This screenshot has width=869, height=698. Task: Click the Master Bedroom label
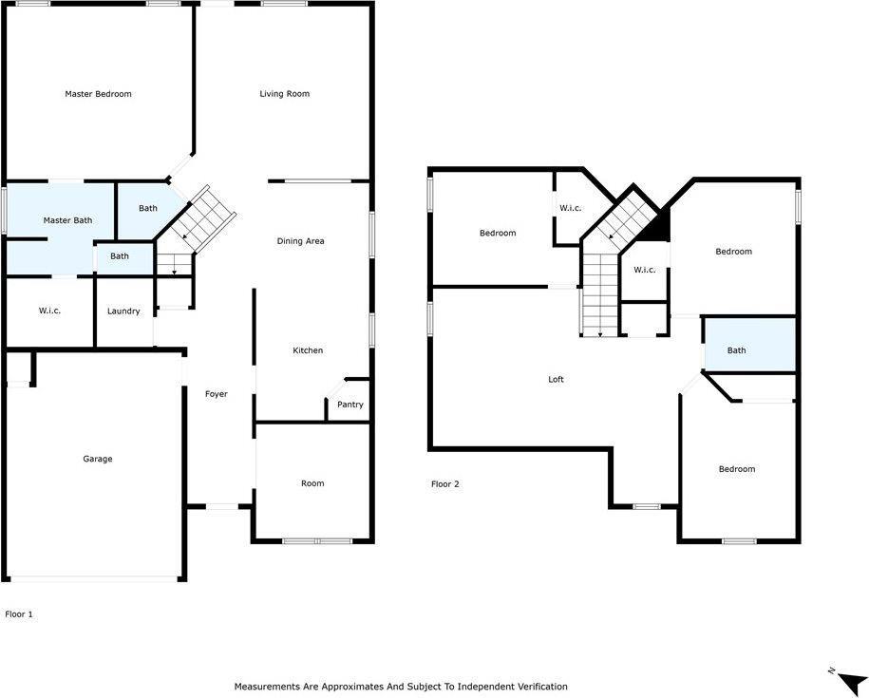(98, 94)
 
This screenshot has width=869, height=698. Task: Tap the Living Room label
(285, 94)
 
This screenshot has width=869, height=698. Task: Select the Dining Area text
(300, 241)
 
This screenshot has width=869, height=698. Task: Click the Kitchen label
(308, 350)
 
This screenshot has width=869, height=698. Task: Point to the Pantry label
(350, 405)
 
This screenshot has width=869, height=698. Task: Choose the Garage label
(97, 459)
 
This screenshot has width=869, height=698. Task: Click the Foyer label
(217, 394)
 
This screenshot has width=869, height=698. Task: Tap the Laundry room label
(123, 311)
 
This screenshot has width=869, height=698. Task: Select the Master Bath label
(67, 220)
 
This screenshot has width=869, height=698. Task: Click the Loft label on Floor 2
(556, 379)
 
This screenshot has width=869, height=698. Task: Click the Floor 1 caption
(19, 614)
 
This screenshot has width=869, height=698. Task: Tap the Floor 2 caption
(444, 484)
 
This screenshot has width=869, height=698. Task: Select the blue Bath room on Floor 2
(748, 346)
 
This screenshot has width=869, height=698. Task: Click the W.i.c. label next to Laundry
(49, 311)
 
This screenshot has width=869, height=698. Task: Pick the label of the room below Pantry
(312, 483)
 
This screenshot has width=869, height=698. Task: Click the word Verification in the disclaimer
(540, 686)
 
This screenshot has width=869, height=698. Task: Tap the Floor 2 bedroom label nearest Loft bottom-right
(736, 469)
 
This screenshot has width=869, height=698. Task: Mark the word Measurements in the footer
(270, 686)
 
